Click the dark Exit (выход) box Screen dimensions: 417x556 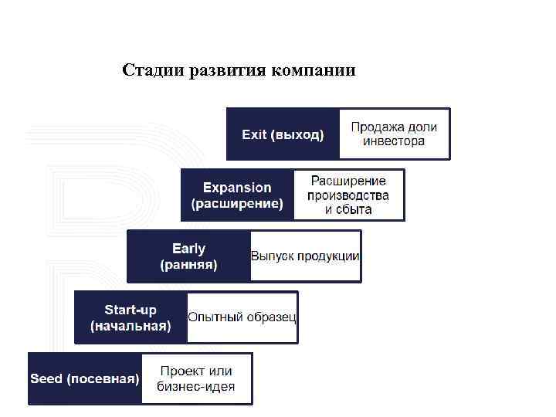point(283,134)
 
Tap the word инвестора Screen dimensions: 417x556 point(394,141)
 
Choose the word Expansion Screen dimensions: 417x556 point(237,188)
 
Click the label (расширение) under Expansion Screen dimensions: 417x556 point(237,204)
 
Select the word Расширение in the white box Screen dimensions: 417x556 point(347,181)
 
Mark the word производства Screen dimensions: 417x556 point(347,195)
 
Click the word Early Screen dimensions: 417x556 point(188,249)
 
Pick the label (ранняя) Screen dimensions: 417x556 point(188,265)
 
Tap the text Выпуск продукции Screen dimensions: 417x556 point(305,256)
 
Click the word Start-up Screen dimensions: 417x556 point(131,310)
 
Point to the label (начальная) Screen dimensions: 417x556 point(131,326)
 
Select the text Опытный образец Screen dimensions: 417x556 point(242,317)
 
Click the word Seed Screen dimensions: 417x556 point(46,379)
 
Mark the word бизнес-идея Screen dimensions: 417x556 point(195,387)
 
